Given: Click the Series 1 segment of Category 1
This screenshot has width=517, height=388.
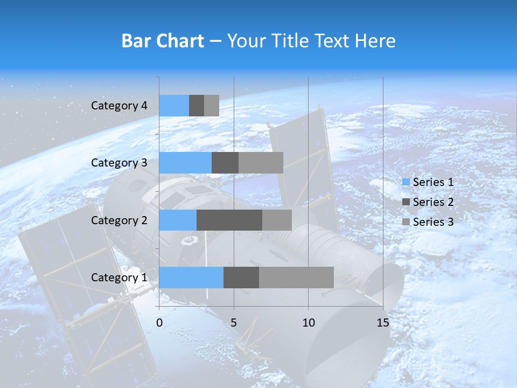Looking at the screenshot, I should click(x=191, y=278).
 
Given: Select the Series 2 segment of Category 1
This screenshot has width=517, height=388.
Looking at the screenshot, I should click(x=241, y=278).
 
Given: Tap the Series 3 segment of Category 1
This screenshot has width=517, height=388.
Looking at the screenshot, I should click(x=296, y=278).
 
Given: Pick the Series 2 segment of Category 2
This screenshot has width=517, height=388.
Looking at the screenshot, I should click(x=229, y=220).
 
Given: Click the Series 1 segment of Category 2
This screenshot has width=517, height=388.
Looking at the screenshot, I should click(x=178, y=220).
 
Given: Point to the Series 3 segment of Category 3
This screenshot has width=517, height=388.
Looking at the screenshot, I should click(x=261, y=163).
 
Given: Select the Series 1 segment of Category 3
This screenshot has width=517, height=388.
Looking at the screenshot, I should click(x=185, y=163).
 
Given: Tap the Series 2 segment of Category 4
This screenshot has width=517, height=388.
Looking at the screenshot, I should click(x=197, y=106).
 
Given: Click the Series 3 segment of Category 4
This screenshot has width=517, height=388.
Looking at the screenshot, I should click(x=212, y=106).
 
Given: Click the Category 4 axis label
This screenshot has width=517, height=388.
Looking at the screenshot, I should click(x=119, y=106).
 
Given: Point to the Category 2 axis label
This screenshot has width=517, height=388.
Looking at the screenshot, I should click(x=119, y=220).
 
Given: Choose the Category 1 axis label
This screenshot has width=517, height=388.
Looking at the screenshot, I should click(x=119, y=278).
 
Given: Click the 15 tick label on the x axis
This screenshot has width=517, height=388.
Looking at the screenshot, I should click(x=382, y=323).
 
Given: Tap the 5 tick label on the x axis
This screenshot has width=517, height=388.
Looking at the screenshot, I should click(x=234, y=323).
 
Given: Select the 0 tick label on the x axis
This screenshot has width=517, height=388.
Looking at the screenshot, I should click(x=159, y=323).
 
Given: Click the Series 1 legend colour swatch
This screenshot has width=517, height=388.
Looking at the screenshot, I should click(x=406, y=182).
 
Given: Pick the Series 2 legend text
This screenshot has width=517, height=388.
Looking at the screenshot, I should click(x=433, y=202).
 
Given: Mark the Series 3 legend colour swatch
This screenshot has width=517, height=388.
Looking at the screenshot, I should click(x=406, y=222).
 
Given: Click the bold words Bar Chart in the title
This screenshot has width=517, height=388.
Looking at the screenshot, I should click(x=163, y=41).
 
